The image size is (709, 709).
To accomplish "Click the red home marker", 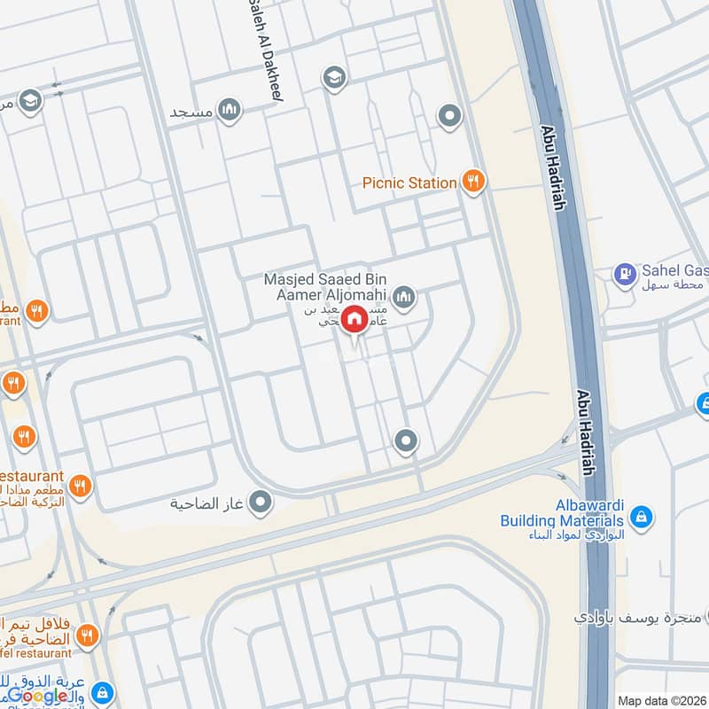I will [354, 318].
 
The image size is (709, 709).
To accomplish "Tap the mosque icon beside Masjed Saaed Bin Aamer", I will [405, 297].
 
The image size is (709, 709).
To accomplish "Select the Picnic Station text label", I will [409, 183].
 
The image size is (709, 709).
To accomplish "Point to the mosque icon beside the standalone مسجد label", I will [230, 110].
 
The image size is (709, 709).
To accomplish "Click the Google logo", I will [37, 695].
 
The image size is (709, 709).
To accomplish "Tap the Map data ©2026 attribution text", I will [661, 700].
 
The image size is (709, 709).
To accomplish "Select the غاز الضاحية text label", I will [208, 504].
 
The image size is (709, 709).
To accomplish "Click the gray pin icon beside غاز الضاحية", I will [261, 503].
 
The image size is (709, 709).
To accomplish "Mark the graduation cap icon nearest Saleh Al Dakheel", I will [334, 78].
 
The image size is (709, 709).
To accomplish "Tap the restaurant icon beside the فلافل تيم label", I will [87, 635].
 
